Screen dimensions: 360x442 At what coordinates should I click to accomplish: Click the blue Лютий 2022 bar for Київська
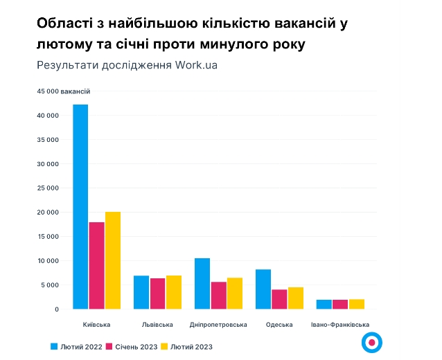pyautogui.click(x=80, y=207)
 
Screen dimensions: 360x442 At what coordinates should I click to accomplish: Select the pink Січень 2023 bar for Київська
pyautogui.click(x=96, y=266)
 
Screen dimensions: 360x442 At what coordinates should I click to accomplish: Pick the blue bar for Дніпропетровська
pyautogui.click(x=202, y=284)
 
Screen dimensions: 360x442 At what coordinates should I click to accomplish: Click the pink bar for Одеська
pyautogui.click(x=279, y=300)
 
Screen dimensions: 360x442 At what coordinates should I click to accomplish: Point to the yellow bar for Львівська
pyautogui.click(x=174, y=293)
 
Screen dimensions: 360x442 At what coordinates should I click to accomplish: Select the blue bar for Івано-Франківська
pyautogui.click(x=324, y=305)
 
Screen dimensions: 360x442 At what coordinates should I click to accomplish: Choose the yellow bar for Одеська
pyautogui.click(x=296, y=298)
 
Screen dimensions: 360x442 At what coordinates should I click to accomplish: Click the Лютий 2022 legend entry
pyautogui.click(x=76, y=346)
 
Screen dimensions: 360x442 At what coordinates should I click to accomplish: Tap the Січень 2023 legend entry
pyautogui.click(x=132, y=346)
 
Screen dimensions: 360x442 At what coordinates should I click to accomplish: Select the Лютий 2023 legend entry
pyautogui.click(x=186, y=346)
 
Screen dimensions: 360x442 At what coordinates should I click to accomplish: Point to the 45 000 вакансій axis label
pyautogui.click(x=64, y=91)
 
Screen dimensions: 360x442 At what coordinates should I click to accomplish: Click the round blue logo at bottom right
pyautogui.click(x=372, y=341)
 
